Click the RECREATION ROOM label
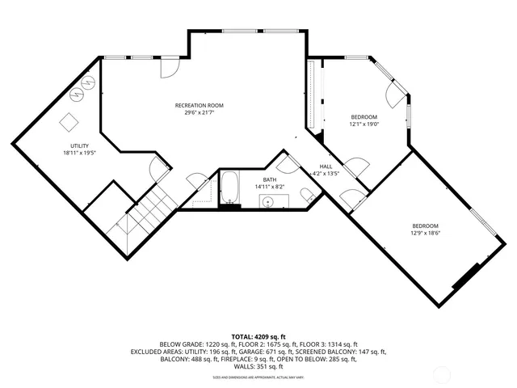click(199, 106)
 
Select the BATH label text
click(269, 179)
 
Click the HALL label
click(326, 166)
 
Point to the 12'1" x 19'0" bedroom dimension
click(364, 124)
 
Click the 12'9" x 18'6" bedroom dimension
click(425, 233)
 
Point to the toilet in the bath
click(307, 195)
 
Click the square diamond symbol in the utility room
click(70, 121)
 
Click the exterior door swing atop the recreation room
click(170, 69)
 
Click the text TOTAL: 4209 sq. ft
click(258, 335)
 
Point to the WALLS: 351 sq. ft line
click(258, 367)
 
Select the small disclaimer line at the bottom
click(258, 377)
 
